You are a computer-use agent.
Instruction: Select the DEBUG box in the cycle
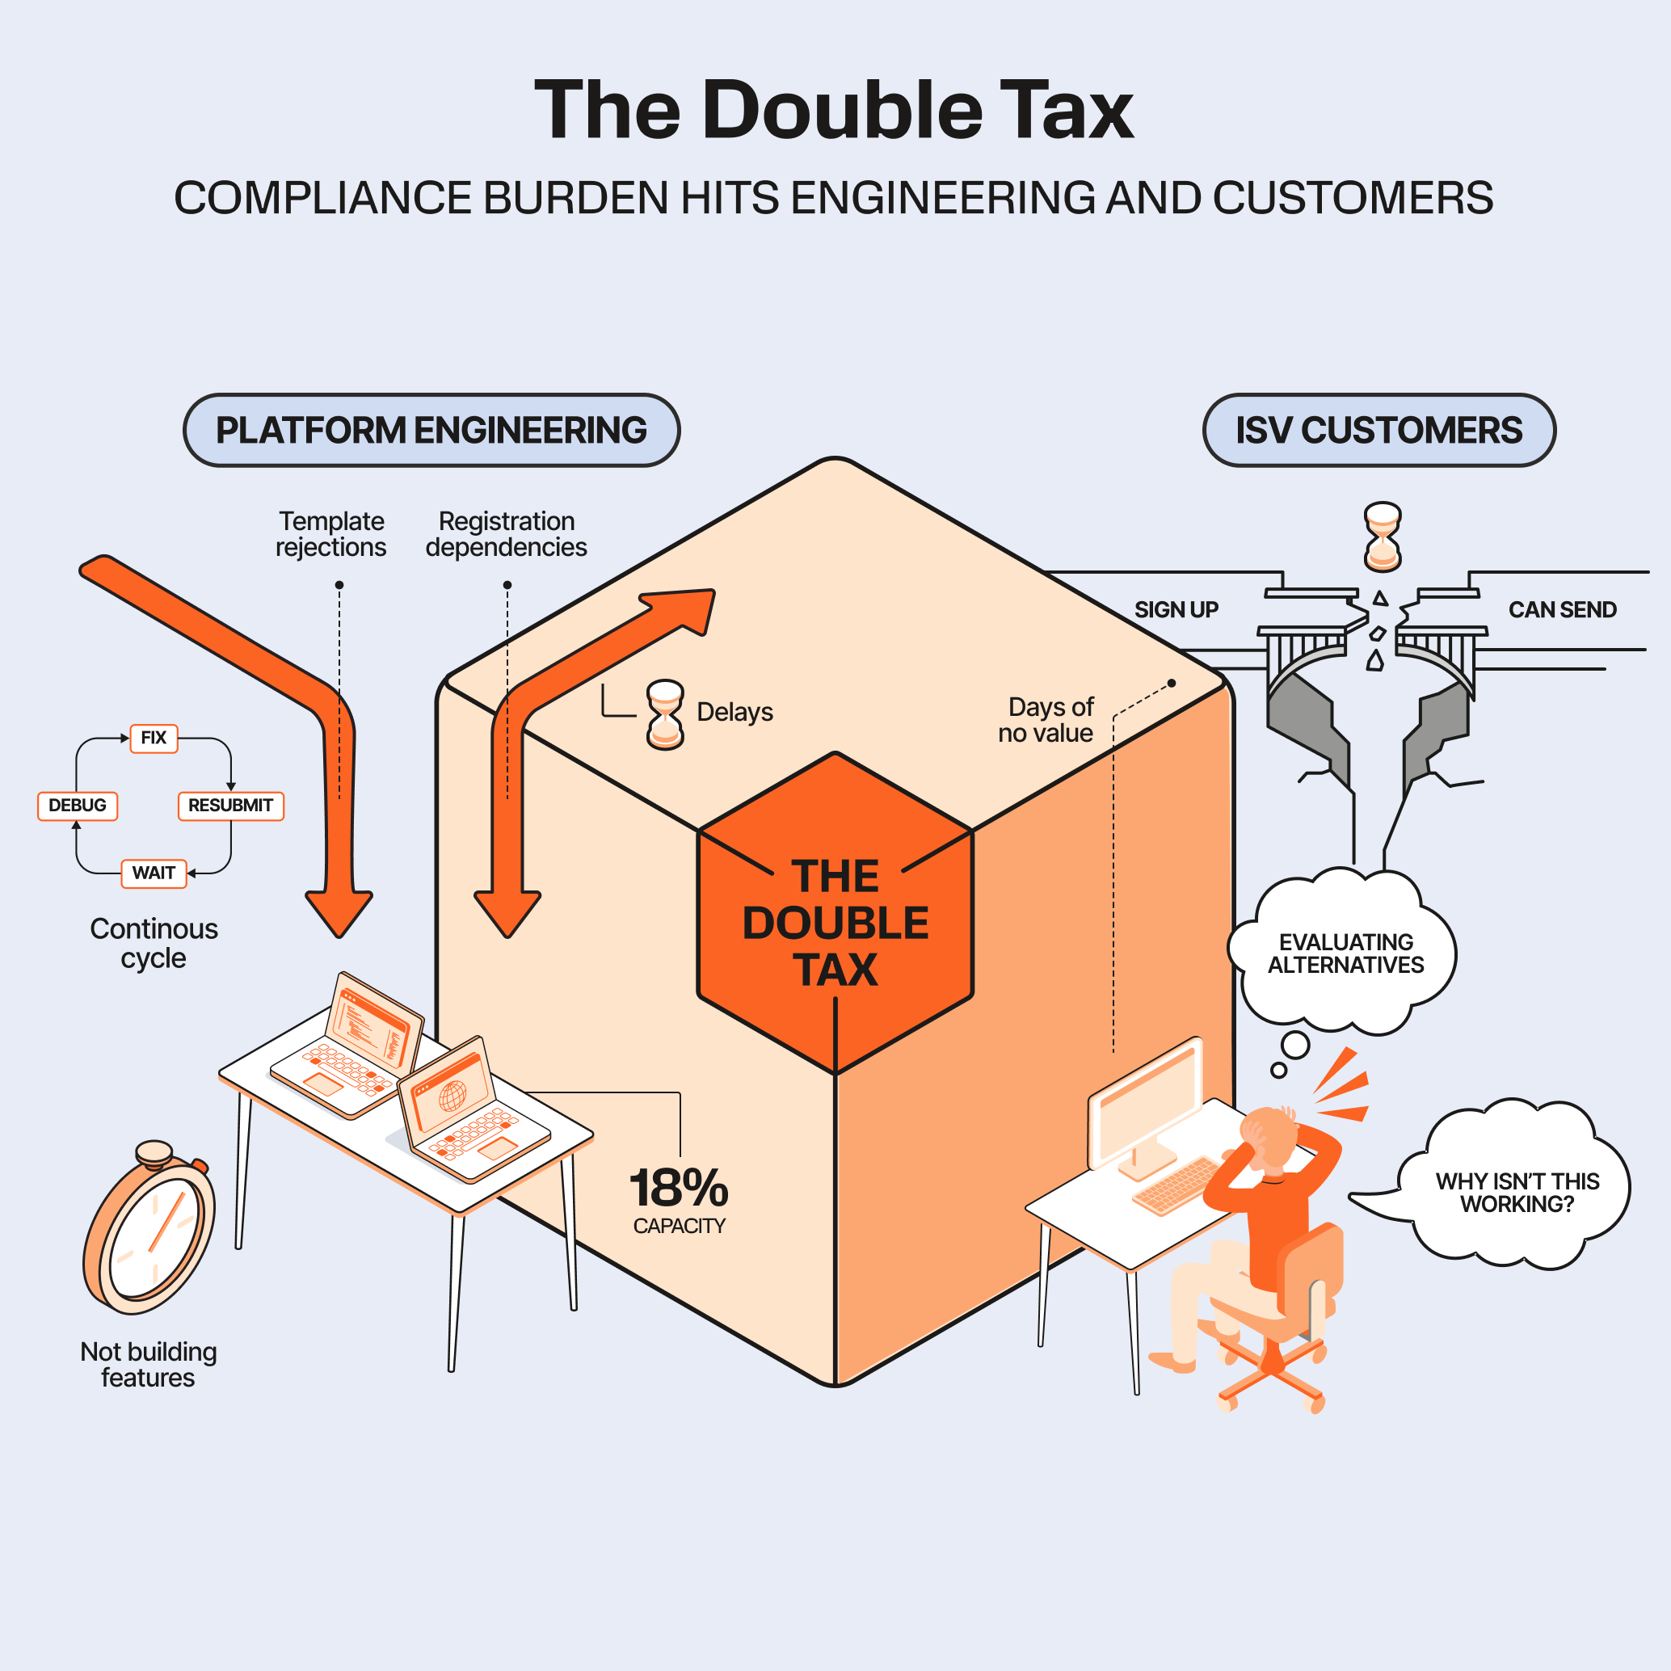[77, 806]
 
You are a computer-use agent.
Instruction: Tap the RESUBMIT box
[230, 806]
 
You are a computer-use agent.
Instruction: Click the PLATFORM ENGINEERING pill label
[431, 430]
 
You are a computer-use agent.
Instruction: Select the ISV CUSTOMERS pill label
[1378, 430]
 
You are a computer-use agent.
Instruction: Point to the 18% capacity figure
[679, 1189]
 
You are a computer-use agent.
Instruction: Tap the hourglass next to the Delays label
[665, 714]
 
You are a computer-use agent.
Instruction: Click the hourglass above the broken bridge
[1382, 537]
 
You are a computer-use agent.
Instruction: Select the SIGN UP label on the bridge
[1176, 610]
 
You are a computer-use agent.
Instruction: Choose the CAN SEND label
[1562, 610]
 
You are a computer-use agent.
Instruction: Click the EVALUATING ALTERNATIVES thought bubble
[1346, 953]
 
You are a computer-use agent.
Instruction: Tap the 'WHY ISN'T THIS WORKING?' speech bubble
[1517, 1192]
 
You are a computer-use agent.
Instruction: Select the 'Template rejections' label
[331, 533]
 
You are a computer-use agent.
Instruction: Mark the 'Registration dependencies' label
[506, 533]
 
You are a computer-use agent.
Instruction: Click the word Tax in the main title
[1066, 110]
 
